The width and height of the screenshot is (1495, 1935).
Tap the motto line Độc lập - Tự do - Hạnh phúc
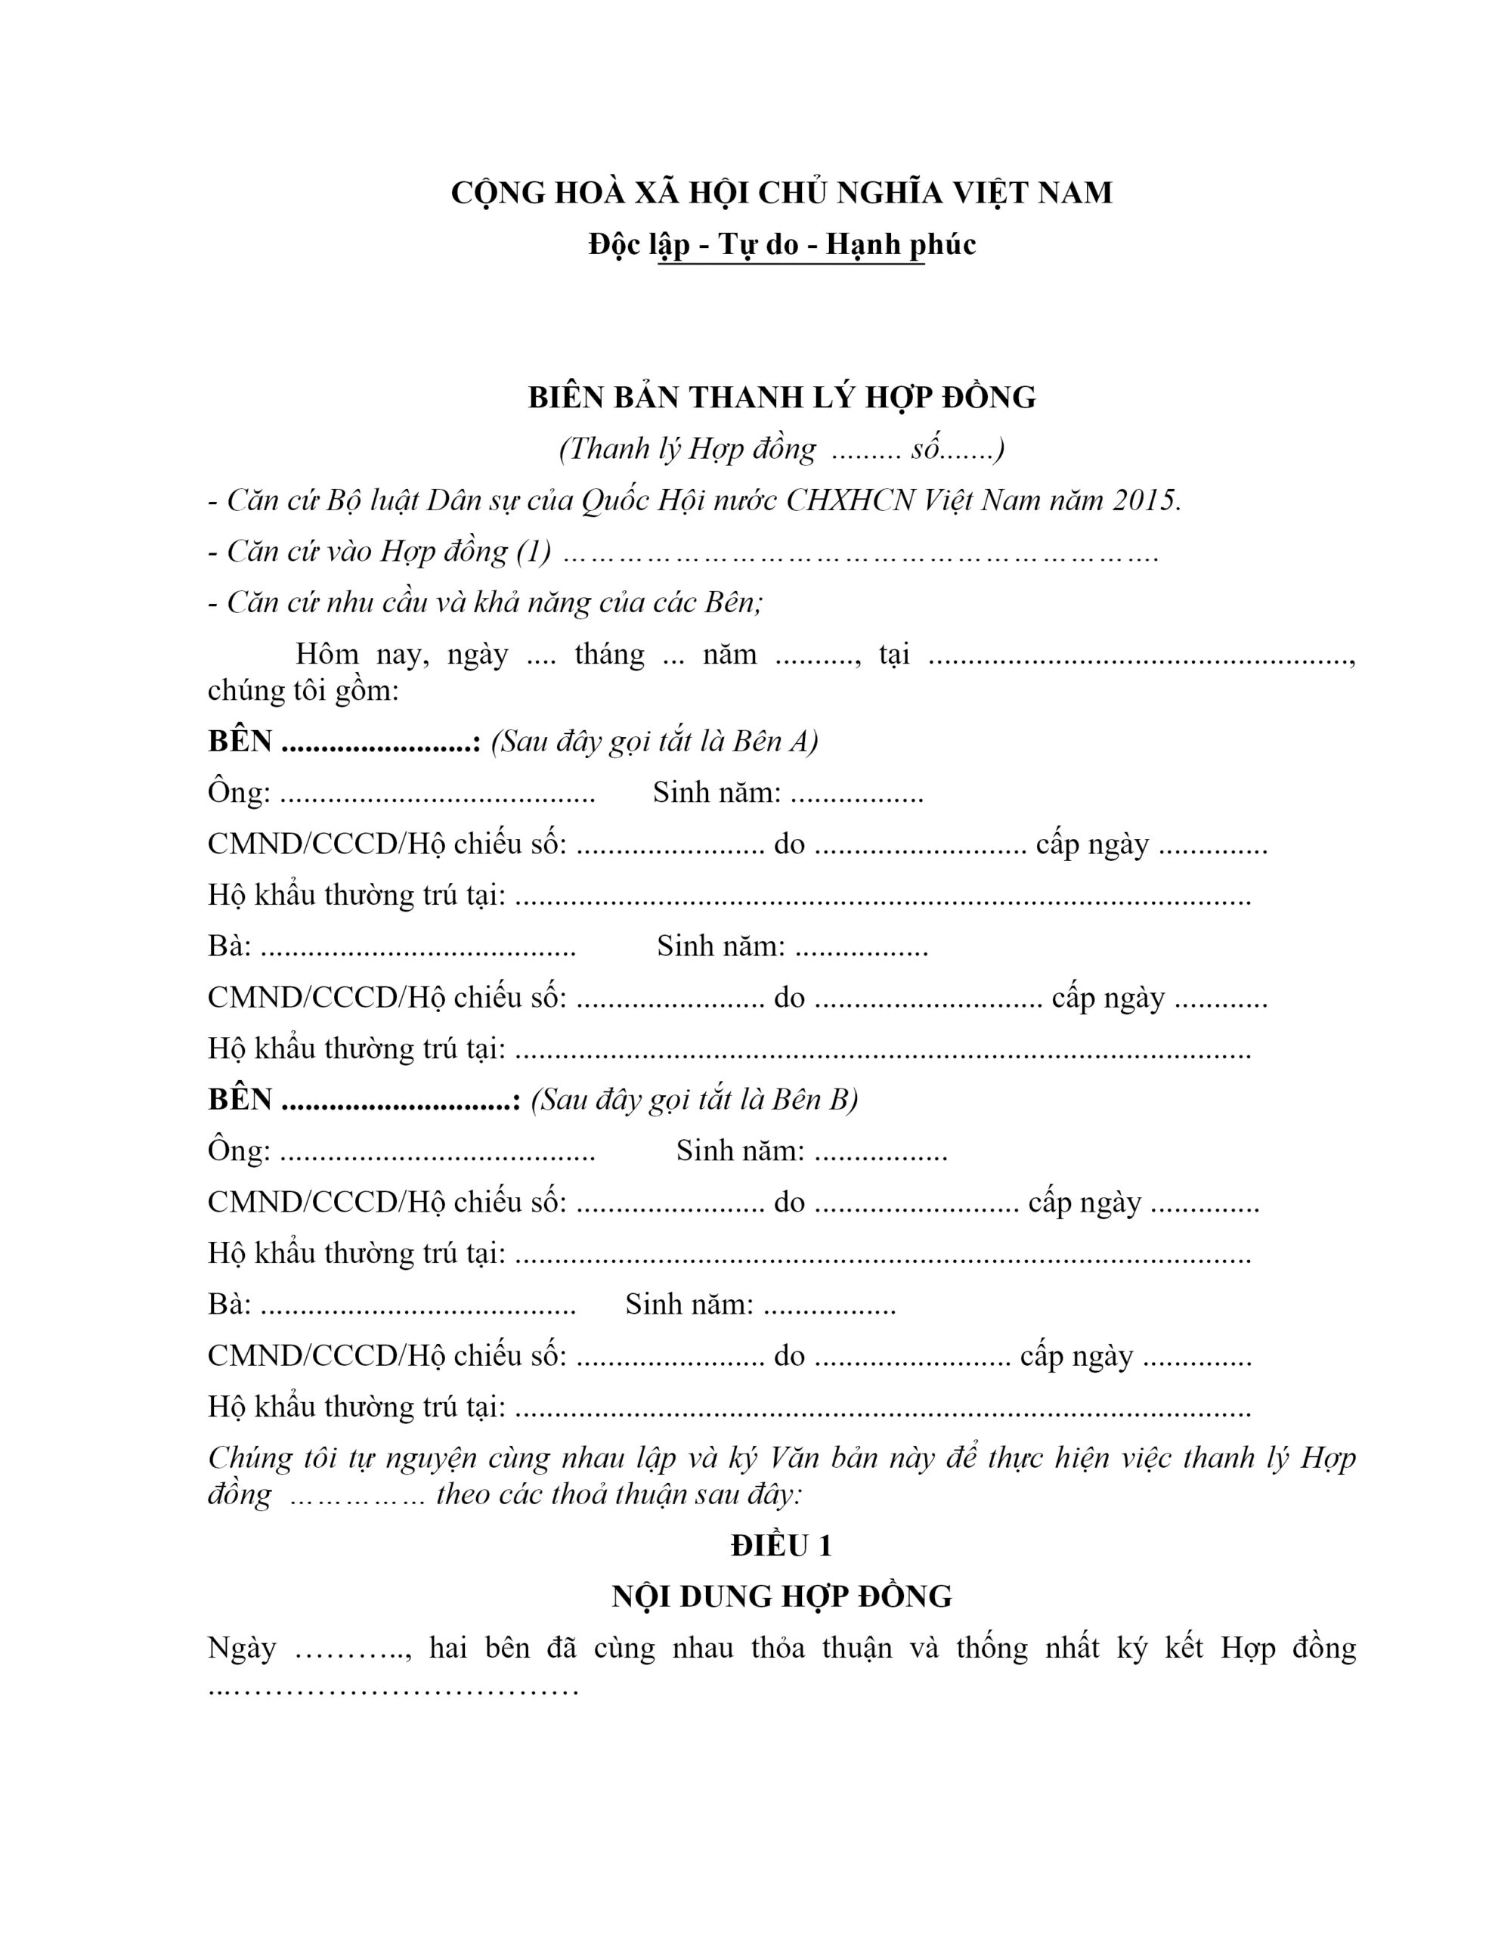pos(782,245)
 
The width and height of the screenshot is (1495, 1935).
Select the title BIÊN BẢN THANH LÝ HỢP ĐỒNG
pos(782,398)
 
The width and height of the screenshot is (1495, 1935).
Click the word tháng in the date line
pos(609,655)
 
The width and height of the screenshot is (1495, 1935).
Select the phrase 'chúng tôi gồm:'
pos(303,690)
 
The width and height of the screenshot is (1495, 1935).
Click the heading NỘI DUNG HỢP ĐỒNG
pos(782,1596)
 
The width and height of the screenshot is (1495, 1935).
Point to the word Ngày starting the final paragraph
pos(241,1648)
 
